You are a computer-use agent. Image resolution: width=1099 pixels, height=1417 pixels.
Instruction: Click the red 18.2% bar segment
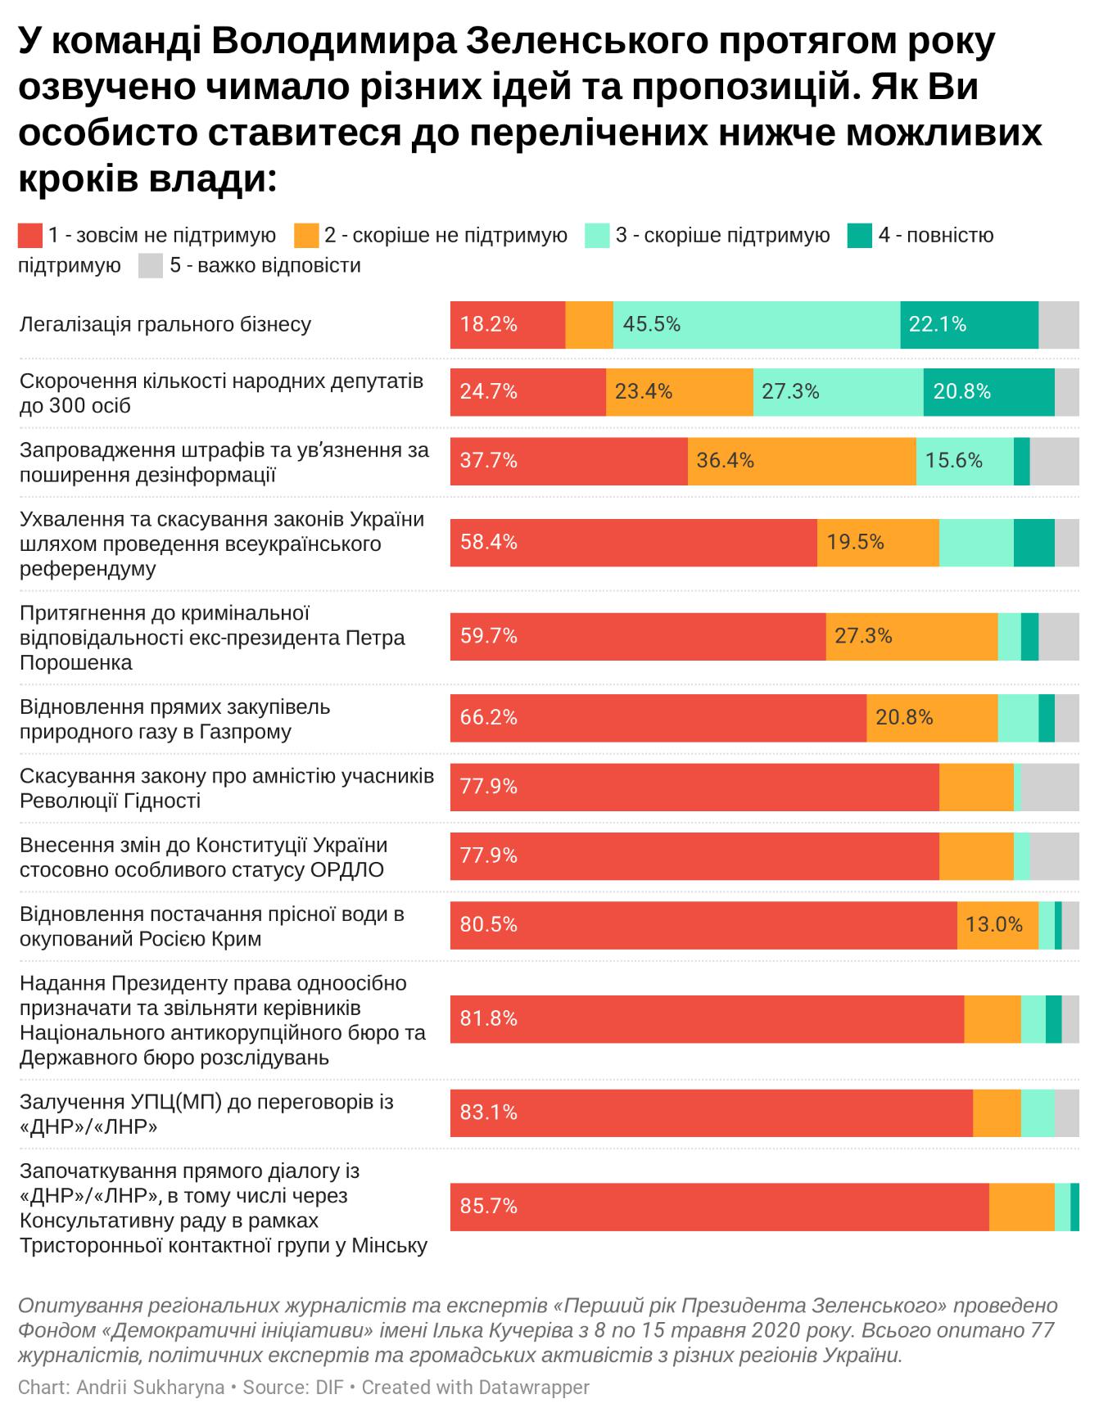[507, 325]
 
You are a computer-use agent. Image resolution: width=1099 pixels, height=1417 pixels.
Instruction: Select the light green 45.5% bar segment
[756, 325]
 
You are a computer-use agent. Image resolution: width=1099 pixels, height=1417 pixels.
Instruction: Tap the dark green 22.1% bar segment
[969, 325]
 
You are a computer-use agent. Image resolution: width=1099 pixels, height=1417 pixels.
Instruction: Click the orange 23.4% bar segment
[679, 392]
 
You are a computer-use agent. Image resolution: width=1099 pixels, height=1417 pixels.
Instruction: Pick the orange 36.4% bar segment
[801, 461]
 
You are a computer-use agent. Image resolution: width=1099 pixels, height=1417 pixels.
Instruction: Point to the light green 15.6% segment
[964, 461]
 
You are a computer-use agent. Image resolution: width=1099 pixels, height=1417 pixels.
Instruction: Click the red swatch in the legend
[30, 236]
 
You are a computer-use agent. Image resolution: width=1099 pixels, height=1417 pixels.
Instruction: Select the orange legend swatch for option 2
[306, 236]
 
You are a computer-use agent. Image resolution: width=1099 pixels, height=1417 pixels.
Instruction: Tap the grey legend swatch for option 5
[151, 266]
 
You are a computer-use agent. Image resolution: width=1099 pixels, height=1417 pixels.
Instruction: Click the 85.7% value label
[488, 1207]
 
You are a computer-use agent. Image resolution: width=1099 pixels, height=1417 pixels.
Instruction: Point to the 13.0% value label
[993, 925]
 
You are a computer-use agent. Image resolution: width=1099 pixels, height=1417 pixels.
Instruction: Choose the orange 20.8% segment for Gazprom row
[931, 718]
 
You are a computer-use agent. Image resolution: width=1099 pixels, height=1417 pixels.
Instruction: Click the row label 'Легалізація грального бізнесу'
[165, 324]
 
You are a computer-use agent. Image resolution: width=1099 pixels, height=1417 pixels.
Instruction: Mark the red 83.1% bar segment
[711, 1112]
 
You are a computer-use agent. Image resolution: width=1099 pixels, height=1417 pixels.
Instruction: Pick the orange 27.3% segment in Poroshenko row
[911, 636]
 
